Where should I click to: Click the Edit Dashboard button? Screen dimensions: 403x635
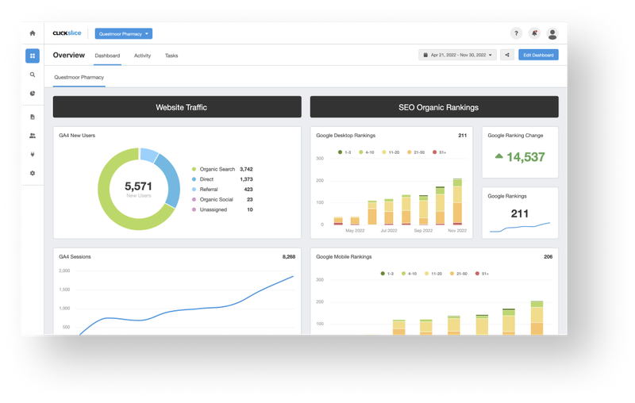click(x=538, y=55)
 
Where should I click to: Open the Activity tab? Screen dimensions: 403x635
click(x=142, y=56)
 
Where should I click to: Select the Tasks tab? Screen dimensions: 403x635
click(x=171, y=56)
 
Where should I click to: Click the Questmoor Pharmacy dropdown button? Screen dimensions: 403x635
click(x=123, y=33)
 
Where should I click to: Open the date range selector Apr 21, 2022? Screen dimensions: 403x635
click(x=457, y=55)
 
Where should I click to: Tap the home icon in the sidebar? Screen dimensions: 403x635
click(x=33, y=33)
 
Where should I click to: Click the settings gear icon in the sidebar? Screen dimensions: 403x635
click(x=33, y=173)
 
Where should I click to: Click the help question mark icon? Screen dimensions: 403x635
click(x=516, y=33)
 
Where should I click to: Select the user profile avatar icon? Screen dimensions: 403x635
click(x=552, y=33)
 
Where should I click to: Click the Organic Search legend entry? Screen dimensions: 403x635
click(x=217, y=169)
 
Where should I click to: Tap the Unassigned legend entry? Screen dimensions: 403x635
click(x=215, y=209)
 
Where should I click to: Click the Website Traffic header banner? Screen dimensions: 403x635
click(x=177, y=107)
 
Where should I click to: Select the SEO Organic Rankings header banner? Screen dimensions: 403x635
click(x=434, y=107)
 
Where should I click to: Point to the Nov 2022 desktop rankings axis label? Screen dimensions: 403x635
click(x=456, y=231)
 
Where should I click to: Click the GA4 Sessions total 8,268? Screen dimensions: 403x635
click(x=288, y=257)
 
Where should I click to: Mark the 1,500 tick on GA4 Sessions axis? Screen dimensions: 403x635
click(x=64, y=290)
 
